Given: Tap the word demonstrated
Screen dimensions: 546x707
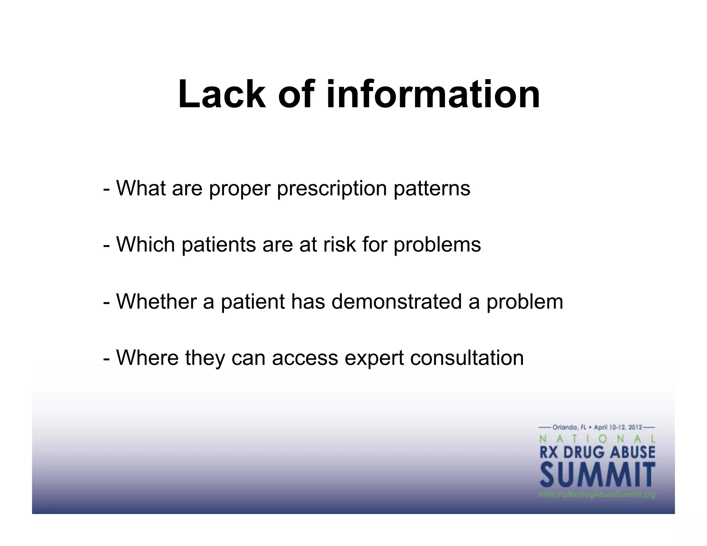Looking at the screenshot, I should (396, 301).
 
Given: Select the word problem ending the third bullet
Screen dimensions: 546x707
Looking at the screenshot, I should (525, 302).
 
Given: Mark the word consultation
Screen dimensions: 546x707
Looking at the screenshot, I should (467, 358).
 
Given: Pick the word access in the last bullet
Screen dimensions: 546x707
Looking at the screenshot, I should (305, 358).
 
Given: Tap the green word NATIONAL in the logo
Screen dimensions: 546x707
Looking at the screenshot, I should (597, 439).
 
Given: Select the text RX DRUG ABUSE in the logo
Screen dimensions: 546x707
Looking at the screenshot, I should (597, 452).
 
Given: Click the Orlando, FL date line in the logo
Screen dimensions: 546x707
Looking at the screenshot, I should (597, 427).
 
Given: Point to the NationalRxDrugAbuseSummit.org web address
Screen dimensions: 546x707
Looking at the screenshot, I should (597, 495).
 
